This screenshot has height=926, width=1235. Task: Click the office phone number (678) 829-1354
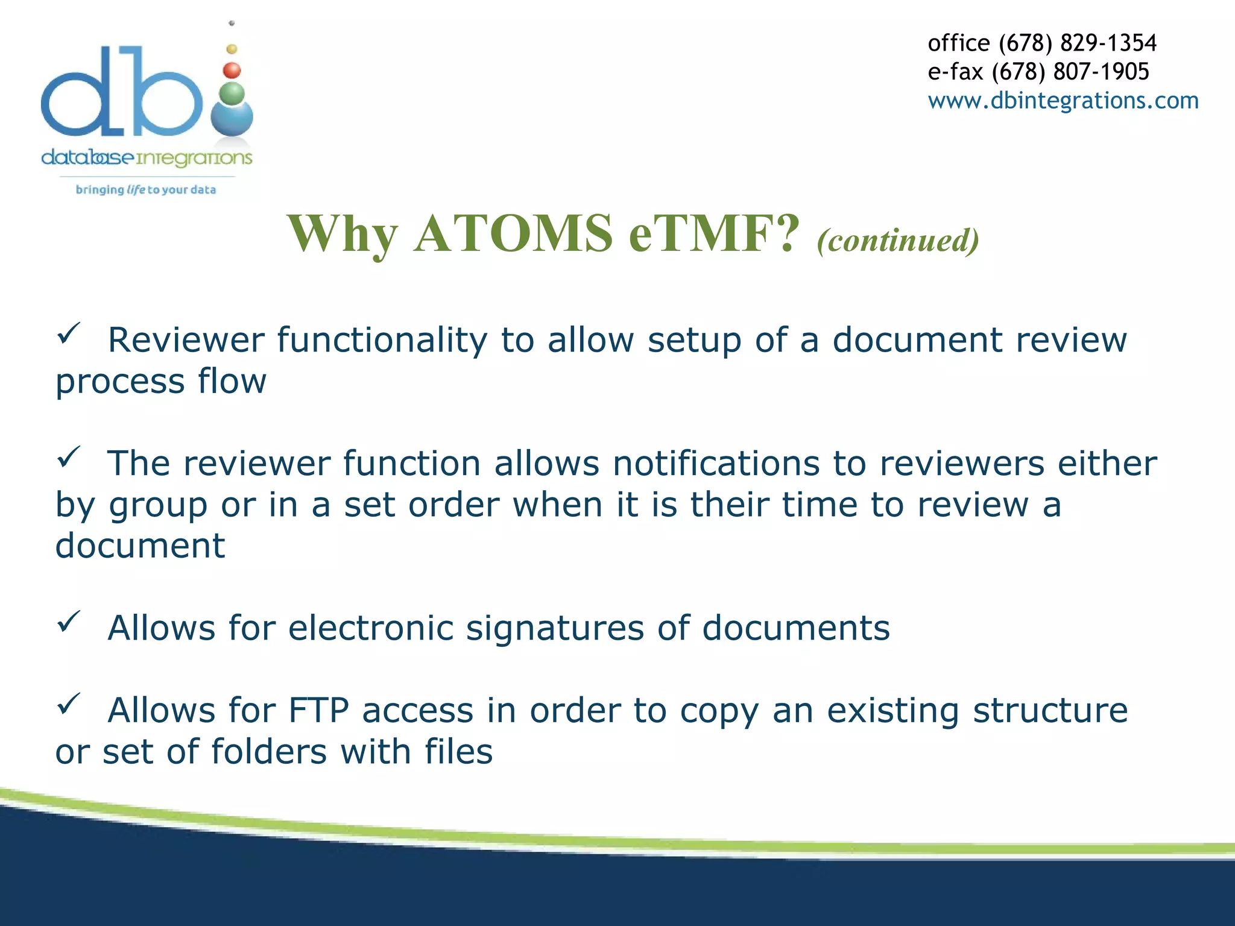(1077, 43)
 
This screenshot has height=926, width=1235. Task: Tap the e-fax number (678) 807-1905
(1070, 72)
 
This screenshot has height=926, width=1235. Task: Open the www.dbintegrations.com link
(1063, 100)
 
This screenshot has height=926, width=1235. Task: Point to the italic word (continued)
(898, 240)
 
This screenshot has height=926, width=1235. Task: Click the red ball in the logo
(232, 71)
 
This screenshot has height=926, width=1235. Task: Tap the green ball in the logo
(232, 93)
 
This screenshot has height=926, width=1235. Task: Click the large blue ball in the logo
(232, 119)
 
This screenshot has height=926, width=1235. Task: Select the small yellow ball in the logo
(232, 49)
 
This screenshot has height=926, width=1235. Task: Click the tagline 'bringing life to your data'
(145, 190)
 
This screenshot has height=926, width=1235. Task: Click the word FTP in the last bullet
(318, 710)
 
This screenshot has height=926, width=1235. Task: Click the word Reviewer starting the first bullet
(186, 340)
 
